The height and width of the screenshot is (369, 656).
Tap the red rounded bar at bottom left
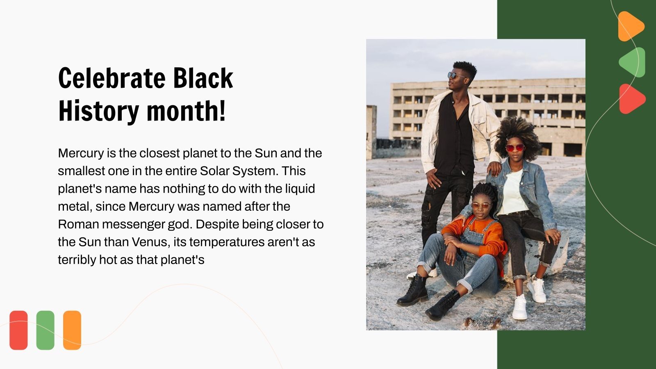tap(18, 330)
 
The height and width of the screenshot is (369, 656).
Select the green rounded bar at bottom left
tap(45, 330)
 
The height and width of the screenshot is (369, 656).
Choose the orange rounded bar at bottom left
tap(72, 330)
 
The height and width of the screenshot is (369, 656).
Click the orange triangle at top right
tap(630, 26)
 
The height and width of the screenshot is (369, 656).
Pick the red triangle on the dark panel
tap(631, 99)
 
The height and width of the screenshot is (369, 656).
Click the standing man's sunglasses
tap(456, 75)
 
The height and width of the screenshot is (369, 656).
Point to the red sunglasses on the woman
tap(515, 148)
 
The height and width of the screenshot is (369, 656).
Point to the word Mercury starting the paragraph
tap(81, 153)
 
